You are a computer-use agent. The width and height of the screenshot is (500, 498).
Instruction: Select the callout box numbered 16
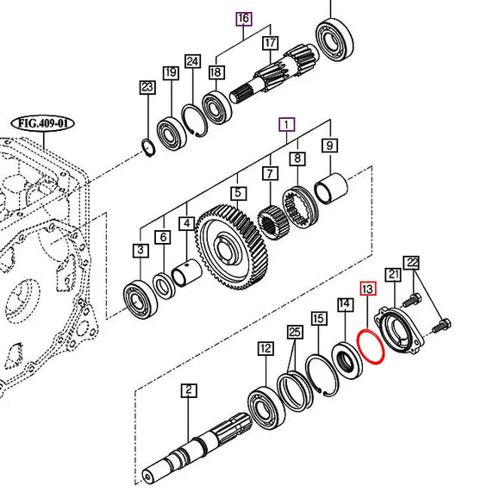244,19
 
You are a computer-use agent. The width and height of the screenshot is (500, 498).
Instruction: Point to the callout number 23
147,86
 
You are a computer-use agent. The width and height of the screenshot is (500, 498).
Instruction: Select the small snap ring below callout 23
148,146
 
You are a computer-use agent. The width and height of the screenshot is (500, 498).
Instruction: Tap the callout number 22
412,263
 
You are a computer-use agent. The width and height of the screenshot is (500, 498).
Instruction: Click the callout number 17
271,42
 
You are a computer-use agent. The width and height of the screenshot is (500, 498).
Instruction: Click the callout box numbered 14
345,304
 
